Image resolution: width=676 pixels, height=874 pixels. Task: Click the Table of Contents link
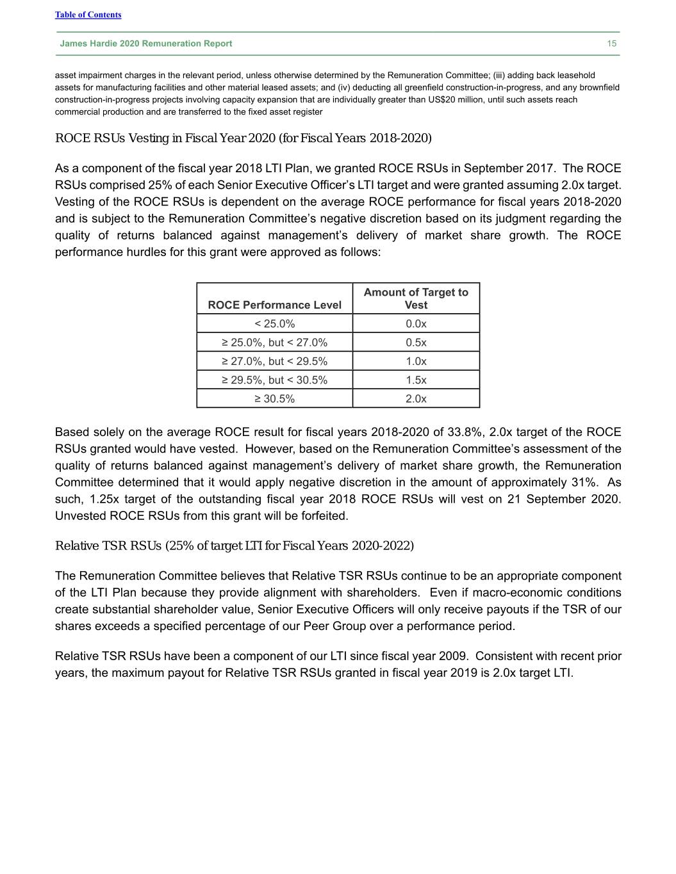click(x=88, y=15)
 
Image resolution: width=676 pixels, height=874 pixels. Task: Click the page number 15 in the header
click(x=612, y=44)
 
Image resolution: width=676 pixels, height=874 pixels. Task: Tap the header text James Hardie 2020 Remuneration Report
click(x=146, y=44)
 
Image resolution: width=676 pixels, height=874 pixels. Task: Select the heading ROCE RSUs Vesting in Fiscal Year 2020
click(x=243, y=138)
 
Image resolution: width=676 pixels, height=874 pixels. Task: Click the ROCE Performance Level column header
click(x=274, y=305)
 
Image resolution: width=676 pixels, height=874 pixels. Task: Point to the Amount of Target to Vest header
click(x=416, y=298)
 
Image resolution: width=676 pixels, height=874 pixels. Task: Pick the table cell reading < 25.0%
click(x=274, y=323)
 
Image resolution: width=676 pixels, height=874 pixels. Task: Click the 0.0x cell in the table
click(x=416, y=323)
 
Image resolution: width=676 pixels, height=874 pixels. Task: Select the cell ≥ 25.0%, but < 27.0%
click(x=274, y=342)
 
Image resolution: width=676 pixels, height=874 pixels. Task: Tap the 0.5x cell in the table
click(x=416, y=342)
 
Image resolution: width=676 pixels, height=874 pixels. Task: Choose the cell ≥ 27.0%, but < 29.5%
click(x=274, y=361)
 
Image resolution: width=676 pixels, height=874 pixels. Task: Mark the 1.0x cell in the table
click(x=416, y=361)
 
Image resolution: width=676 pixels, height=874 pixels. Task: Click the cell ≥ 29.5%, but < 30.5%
click(x=274, y=380)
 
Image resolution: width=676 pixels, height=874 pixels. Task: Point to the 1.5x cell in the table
click(x=416, y=380)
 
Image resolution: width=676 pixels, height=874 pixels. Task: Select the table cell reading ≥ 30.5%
click(x=274, y=398)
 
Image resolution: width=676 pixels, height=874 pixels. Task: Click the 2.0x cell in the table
click(x=416, y=398)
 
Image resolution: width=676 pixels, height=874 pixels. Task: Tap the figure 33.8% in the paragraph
click(x=466, y=432)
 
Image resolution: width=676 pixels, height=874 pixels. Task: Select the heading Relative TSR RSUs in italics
click(x=235, y=546)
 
